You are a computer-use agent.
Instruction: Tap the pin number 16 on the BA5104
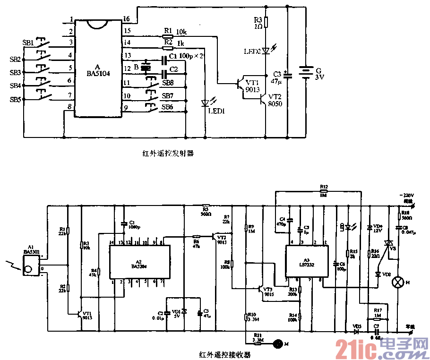click(127, 19)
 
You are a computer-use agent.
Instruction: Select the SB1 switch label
click(28, 43)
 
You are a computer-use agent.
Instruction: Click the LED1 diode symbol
click(205, 103)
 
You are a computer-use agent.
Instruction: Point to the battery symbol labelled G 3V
click(308, 73)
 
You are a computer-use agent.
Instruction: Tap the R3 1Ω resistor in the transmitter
click(266, 22)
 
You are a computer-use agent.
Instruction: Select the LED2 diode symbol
click(266, 50)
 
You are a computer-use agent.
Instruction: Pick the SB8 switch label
click(168, 83)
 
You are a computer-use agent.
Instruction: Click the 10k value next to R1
click(181, 32)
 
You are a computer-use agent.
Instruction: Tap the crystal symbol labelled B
click(146, 68)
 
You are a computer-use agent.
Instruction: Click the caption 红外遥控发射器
click(169, 153)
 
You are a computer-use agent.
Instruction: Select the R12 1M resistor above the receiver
click(324, 191)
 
